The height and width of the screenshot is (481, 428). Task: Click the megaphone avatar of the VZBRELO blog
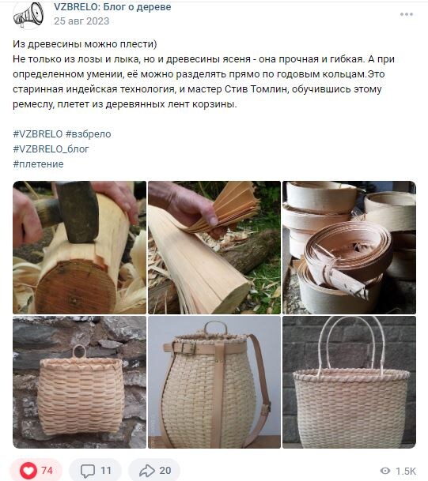28,14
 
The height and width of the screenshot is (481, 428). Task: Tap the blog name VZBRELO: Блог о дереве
112,7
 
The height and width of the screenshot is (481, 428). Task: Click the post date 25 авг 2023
81,21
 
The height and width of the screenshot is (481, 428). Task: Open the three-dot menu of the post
406,14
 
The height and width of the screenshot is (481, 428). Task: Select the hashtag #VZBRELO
37,134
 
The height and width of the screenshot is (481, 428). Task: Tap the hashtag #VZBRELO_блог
51,149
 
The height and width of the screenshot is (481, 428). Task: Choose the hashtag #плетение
38,164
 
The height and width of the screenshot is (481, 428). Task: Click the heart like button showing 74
37,471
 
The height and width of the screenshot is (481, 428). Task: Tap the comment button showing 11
95,471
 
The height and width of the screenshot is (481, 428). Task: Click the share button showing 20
154,471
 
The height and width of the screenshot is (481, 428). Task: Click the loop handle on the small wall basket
79,352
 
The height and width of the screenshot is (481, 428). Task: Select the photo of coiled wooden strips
348,247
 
